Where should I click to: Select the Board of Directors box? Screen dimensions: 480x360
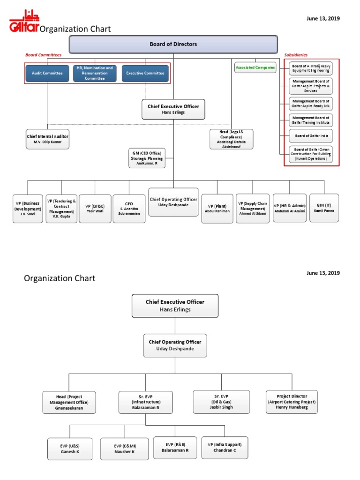(173, 44)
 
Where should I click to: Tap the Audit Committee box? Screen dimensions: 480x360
(47, 74)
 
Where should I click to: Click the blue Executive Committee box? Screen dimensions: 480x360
(145, 73)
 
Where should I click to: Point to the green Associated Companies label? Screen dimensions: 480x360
(255, 67)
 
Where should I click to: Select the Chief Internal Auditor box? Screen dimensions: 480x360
(47, 139)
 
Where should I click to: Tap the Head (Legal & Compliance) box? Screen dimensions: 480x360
(232, 139)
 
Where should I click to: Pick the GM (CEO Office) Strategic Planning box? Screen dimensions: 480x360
(147, 158)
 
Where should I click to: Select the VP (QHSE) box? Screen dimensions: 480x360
(95, 208)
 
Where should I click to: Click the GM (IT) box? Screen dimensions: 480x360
(324, 208)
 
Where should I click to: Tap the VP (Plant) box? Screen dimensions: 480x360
(217, 208)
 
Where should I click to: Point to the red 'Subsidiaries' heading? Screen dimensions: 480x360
(296, 55)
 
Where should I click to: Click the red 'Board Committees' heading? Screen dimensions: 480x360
(43, 55)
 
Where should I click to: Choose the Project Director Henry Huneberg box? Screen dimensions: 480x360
(292, 402)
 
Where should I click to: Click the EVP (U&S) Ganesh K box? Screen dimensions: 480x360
(71, 448)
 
